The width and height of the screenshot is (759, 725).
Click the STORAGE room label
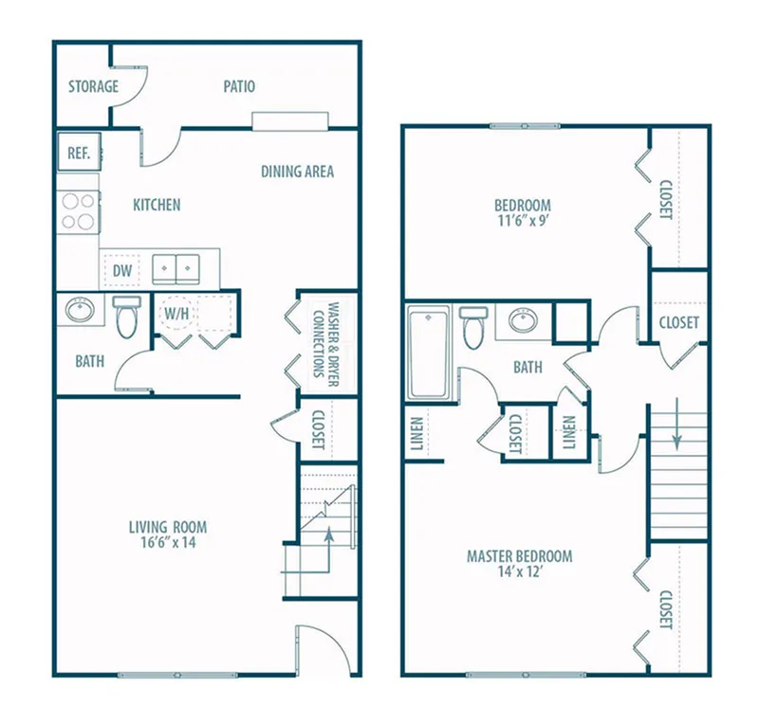[x=93, y=86]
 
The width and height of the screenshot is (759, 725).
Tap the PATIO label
[x=239, y=86]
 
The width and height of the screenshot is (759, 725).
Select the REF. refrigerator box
[x=79, y=152]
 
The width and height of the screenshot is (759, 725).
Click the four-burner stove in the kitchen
[x=78, y=212]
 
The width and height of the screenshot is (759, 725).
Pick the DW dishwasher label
[x=122, y=271]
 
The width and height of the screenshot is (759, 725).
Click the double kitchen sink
[x=176, y=269]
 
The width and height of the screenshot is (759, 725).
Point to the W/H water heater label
[x=176, y=314]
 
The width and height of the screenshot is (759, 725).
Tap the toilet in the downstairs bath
[x=127, y=317]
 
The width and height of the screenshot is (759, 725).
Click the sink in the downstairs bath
[x=80, y=310]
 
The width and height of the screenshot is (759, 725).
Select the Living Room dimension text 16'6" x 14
[x=169, y=542]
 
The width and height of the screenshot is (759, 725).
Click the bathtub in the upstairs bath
[x=428, y=353]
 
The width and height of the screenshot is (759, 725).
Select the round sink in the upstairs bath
[x=524, y=320]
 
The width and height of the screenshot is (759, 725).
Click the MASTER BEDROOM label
[x=519, y=556]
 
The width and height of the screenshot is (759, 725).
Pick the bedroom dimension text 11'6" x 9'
[x=523, y=221]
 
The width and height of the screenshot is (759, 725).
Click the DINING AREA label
[x=297, y=172]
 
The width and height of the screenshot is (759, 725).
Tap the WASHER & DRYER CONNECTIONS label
[x=325, y=344]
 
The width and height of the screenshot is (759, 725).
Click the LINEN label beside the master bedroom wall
[x=417, y=434]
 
